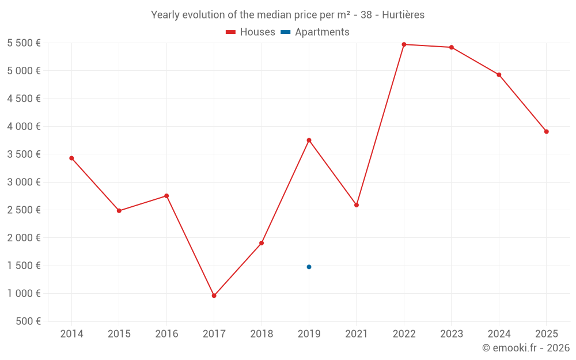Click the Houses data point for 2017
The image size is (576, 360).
(x=214, y=295)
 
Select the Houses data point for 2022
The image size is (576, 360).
(x=404, y=44)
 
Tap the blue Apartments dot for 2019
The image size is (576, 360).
(x=309, y=267)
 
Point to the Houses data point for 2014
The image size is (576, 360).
(x=71, y=158)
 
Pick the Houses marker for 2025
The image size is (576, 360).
(x=546, y=131)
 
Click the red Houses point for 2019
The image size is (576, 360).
(x=309, y=140)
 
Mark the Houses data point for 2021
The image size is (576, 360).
(x=357, y=205)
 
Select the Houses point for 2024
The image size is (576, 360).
(x=499, y=75)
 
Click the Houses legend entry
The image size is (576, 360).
(x=251, y=32)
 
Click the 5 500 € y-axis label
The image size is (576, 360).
(x=24, y=43)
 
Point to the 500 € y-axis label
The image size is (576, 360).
(x=29, y=321)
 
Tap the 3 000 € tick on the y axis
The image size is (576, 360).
(x=24, y=182)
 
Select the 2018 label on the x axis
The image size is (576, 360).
(x=262, y=334)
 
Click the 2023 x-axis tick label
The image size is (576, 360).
(x=452, y=334)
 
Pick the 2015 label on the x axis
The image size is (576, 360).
(x=119, y=334)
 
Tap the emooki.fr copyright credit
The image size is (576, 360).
(x=526, y=348)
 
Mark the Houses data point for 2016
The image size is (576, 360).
(x=166, y=196)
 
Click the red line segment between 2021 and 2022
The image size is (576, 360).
(x=380, y=124)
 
